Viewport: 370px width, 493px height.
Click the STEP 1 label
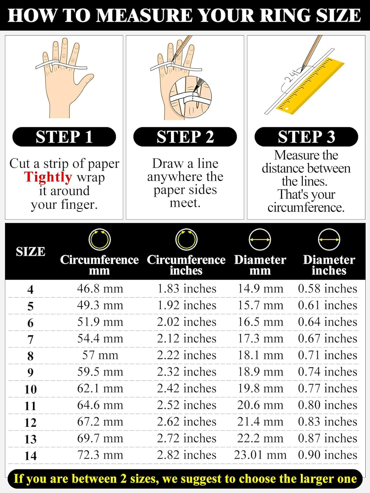coord(64,137)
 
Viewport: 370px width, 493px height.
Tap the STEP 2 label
coord(185,137)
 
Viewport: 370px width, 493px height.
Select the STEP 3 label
coord(306,137)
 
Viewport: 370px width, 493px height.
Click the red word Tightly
coord(48,177)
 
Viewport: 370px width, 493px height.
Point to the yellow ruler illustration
coord(310,86)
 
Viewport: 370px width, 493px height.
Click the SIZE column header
coord(30,251)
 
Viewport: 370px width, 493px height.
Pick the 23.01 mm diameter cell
coord(260,455)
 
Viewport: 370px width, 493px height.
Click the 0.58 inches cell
coord(328,289)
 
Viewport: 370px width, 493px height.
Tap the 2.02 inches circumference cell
coord(186,322)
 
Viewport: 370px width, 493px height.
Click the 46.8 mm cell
coord(100,289)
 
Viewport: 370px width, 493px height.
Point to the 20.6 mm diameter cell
coord(260,405)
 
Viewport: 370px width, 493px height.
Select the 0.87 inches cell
coord(328,438)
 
